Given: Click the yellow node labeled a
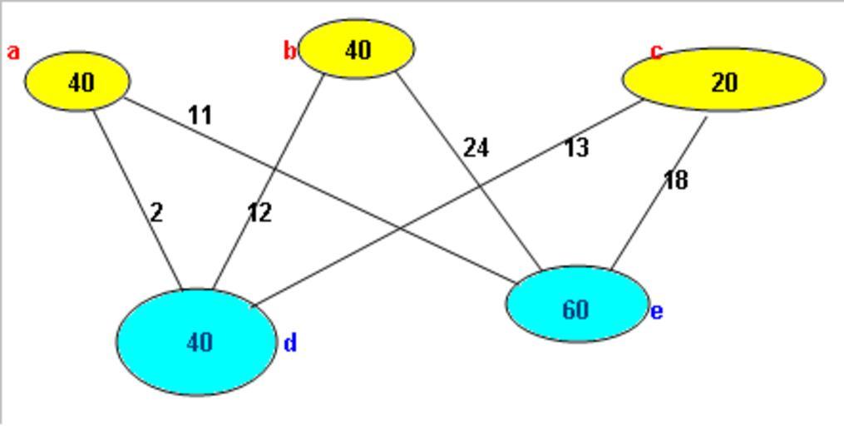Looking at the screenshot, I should [77, 82].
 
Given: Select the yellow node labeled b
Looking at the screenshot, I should [357, 49].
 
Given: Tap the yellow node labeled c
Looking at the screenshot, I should [723, 80].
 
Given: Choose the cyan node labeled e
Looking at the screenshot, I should [577, 305].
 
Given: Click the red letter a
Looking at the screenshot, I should [13, 52].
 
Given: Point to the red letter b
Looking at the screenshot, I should [289, 52].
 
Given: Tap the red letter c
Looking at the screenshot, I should [656, 52].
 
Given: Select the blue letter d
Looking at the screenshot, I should [290, 343].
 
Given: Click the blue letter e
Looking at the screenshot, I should [657, 312].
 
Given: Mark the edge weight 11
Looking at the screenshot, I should [200, 115].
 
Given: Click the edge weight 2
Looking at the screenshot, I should [156, 213].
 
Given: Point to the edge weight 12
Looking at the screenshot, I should [259, 213].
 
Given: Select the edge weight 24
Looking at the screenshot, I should [476, 148].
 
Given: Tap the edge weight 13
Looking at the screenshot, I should [576, 148].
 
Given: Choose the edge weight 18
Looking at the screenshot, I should [675, 181].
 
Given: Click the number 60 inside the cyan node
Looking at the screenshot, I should [575, 310].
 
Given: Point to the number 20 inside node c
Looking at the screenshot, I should [724, 82].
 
